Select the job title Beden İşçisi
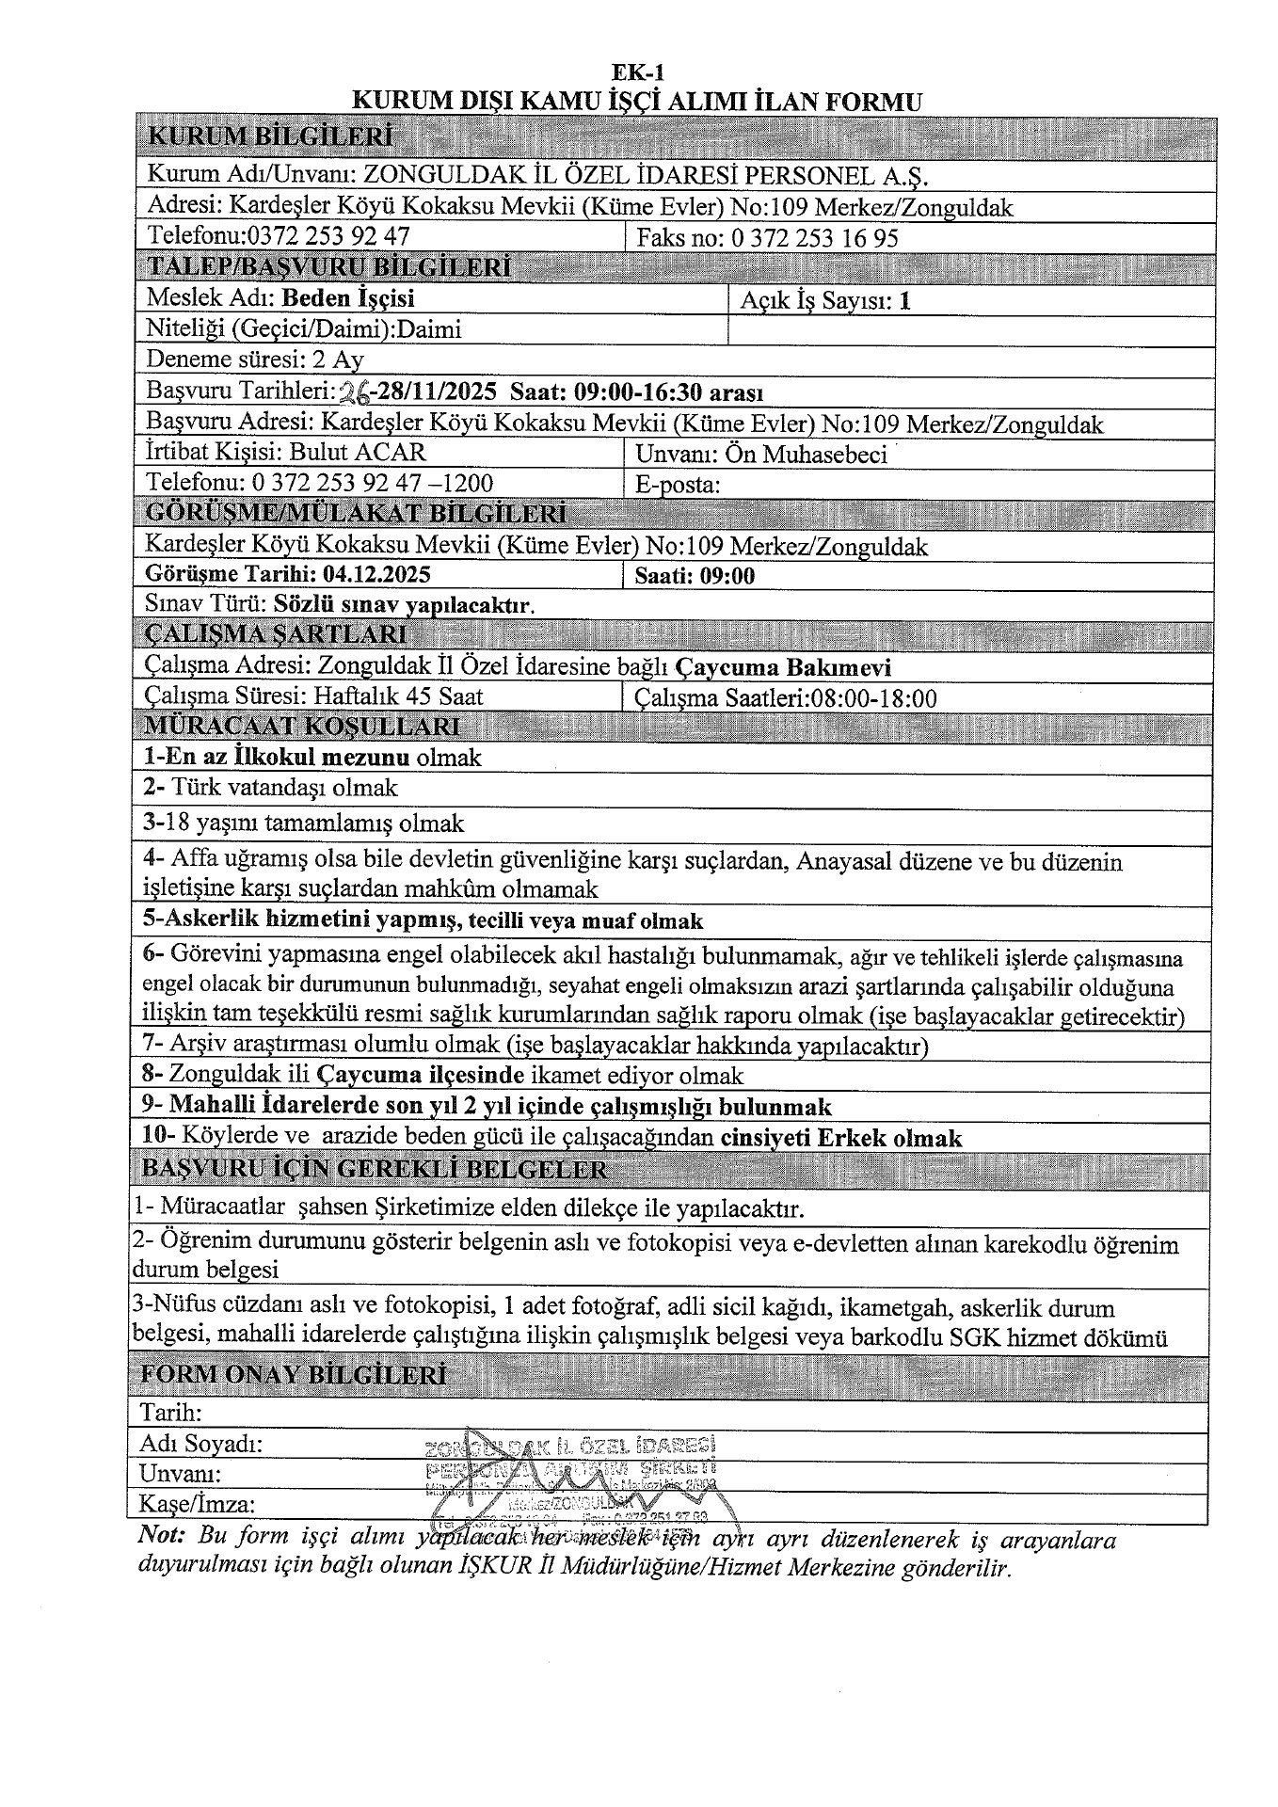click(348, 298)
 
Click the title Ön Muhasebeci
click(806, 455)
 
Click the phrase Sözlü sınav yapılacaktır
click(405, 605)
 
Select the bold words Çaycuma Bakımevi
click(783, 667)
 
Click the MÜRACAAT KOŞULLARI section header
click(300, 727)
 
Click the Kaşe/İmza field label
click(197, 1503)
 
